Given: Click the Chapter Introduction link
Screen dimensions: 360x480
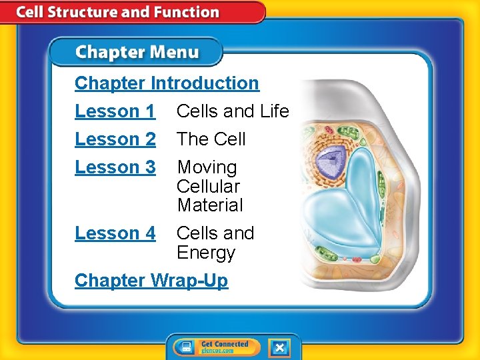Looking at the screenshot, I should [167, 83].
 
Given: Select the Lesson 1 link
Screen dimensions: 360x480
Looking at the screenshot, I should [115, 111].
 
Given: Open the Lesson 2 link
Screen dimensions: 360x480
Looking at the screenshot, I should [115, 139].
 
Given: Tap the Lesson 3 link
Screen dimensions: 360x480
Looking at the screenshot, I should [115, 167].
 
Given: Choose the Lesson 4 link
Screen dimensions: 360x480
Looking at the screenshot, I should [115, 233].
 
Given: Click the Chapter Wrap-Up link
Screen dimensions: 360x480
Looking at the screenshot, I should [151, 281].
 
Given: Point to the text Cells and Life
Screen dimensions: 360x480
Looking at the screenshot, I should [233, 111].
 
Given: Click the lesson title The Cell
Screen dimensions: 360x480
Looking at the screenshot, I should [211, 139].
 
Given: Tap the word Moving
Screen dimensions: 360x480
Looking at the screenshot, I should [207, 167].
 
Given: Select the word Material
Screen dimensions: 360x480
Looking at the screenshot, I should [210, 205].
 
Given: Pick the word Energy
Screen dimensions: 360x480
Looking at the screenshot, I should [206, 253].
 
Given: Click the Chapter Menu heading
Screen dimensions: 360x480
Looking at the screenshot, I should [137, 52].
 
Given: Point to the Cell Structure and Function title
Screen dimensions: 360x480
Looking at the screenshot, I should [117, 12].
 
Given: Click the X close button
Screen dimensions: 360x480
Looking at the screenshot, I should [279, 347].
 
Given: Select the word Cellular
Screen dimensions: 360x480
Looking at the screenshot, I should [209, 187].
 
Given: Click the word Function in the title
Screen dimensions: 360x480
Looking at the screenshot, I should [189, 12].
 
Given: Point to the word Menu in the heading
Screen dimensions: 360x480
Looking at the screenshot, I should [177, 52].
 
